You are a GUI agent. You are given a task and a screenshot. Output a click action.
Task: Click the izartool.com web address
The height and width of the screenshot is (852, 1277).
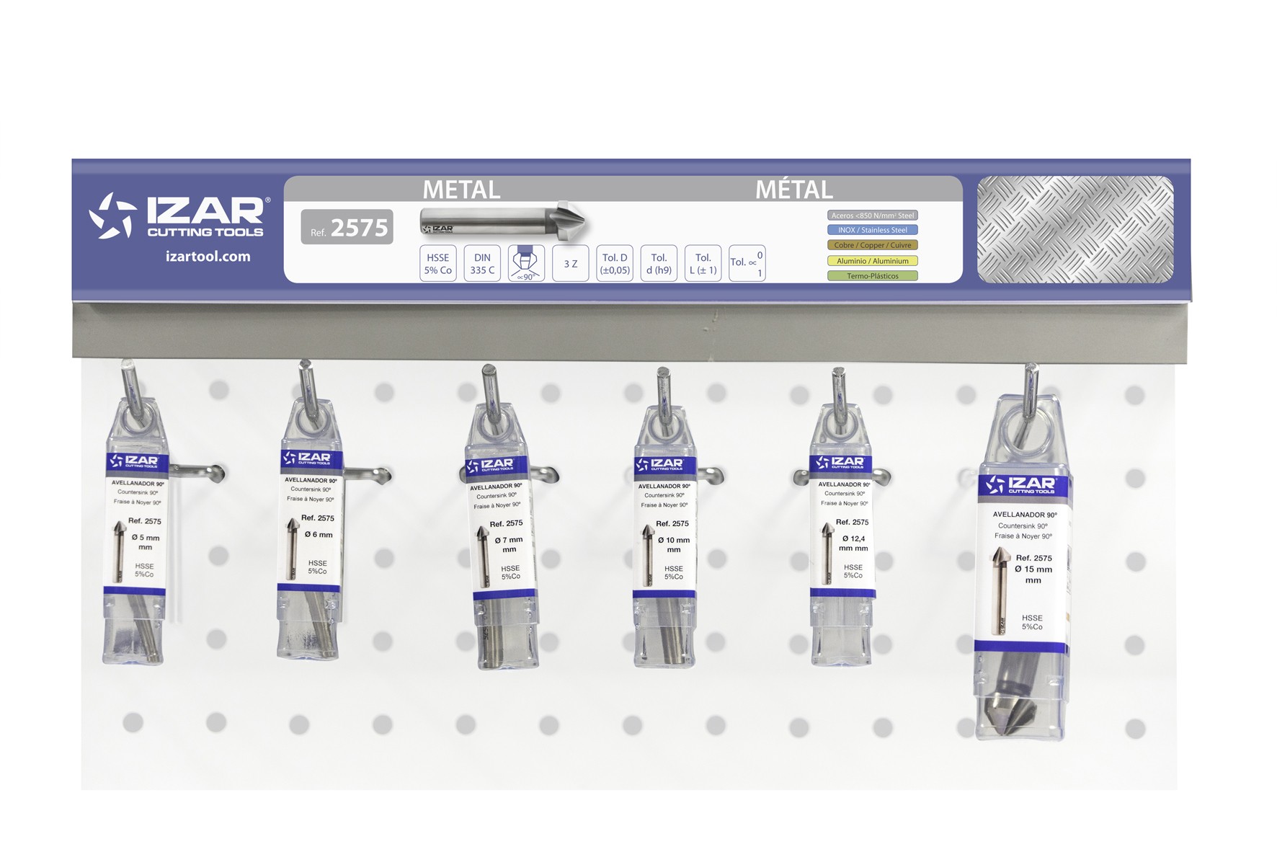click(x=208, y=257)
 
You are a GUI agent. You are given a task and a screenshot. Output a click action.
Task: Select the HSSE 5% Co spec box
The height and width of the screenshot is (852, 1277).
click(x=437, y=264)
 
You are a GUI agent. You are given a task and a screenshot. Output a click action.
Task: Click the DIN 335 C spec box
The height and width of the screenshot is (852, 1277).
click(x=482, y=264)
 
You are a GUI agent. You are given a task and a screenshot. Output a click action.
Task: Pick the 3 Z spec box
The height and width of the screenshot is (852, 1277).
click(x=570, y=264)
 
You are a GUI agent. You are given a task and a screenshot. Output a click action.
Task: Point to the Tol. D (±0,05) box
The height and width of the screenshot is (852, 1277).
click(x=615, y=264)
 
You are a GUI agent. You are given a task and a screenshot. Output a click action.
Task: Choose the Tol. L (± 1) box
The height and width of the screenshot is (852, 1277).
click(x=703, y=264)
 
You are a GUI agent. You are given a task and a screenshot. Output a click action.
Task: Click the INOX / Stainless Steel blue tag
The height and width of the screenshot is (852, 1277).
click(x=872, y=230)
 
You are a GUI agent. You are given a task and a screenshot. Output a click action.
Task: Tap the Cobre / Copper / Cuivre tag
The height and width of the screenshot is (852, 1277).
click(x=872, y=245)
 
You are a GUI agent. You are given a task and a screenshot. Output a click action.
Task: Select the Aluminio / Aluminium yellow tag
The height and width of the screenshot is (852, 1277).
click(x=872, y=261)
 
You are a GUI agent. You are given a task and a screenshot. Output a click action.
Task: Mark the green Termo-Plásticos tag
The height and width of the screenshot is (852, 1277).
click(x=872, y=276)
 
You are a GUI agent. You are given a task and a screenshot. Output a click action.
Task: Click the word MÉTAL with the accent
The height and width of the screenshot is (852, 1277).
click(x=793, y=190)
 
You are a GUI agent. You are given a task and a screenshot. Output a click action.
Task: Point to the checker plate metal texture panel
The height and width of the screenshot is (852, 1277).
click(x=1074, y=229)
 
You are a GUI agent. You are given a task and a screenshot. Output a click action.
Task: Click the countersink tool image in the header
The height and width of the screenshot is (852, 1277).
click(x=503, y=220)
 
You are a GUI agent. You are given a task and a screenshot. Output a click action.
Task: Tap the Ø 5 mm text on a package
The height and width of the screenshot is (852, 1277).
click(x=146, y=538)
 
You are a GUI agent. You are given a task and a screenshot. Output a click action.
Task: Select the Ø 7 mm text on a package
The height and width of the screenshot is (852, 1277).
click(x=509, y=540)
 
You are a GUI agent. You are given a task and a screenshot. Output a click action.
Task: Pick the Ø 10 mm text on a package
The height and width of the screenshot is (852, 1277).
click(x=674, y=540)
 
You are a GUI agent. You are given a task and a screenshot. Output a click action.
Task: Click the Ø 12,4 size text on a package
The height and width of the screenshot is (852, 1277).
click(x=853, y=538)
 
